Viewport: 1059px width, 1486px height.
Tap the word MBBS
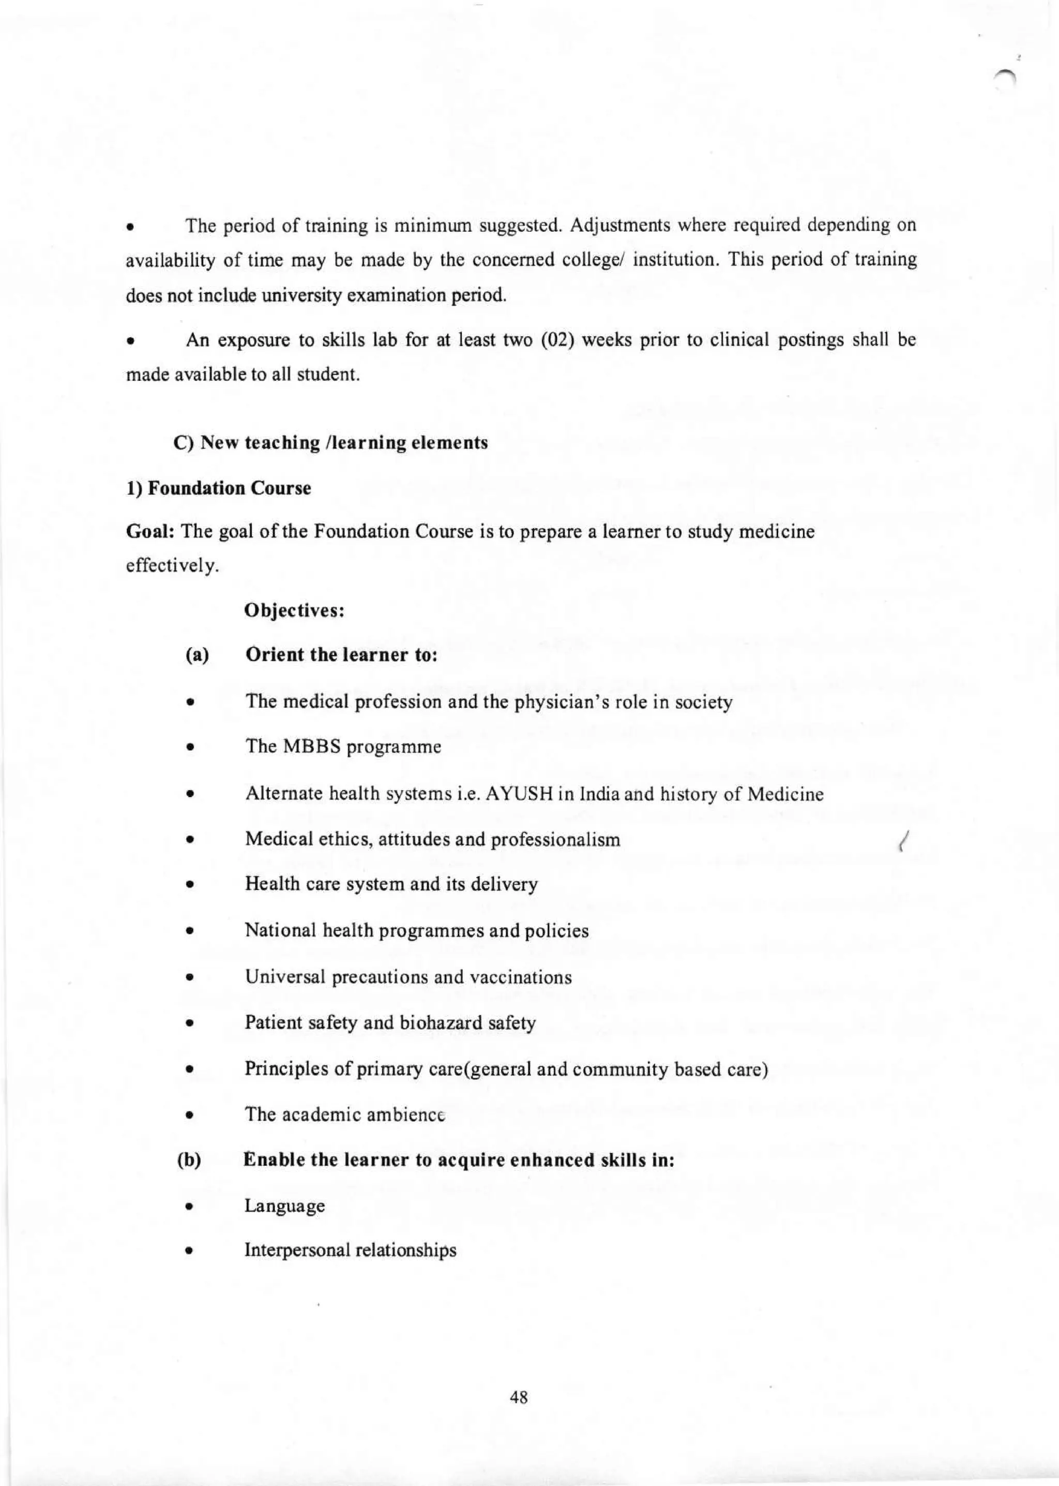click(x=312, y=747)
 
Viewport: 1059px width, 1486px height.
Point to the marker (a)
click(x=197, y=656)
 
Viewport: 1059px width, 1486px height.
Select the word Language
click(x=284, y=1206)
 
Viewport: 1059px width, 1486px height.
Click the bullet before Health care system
click(x=188, y=886)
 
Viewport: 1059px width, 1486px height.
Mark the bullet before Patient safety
click(x=188, y=1024)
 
